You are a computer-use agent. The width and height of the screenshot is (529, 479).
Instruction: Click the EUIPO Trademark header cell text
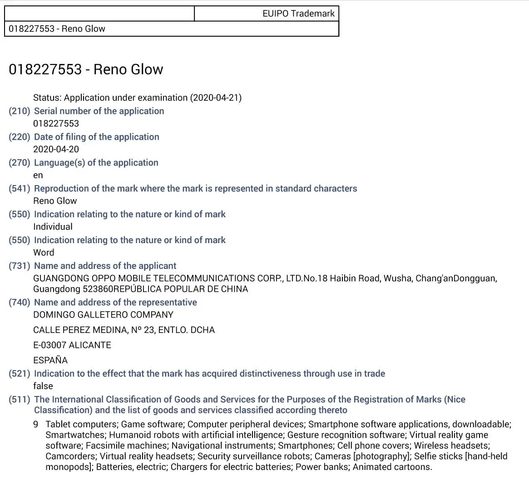point(298,14)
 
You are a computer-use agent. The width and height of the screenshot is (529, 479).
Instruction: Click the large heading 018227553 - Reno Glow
point(86,69)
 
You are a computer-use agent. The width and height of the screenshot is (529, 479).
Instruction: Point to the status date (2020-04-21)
point(216,98)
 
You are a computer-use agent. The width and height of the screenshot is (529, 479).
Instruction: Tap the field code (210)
point(20,111)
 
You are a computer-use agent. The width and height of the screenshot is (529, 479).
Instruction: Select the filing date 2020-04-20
point(56,149)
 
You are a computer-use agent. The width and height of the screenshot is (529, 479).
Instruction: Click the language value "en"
point(38,175)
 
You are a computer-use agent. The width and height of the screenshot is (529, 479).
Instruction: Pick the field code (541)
point(20,189)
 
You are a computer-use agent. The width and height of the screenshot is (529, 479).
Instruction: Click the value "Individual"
point(53,227)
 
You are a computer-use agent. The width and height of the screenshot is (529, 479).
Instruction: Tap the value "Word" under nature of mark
point(44,253)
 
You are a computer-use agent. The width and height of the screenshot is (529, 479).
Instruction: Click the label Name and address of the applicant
point(105,266)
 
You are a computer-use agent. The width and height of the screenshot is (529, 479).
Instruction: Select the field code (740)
point(20,303)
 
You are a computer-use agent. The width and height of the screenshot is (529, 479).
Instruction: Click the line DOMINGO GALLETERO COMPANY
point(103,315)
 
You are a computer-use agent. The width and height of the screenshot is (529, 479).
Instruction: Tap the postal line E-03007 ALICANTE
point(72,345)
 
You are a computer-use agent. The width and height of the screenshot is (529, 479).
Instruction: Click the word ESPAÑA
point(50,360)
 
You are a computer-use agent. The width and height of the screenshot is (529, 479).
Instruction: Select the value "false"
point(43,386)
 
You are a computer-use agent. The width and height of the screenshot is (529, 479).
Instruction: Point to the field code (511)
point(20,400)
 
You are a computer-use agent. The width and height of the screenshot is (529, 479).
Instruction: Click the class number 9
point(36,425)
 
